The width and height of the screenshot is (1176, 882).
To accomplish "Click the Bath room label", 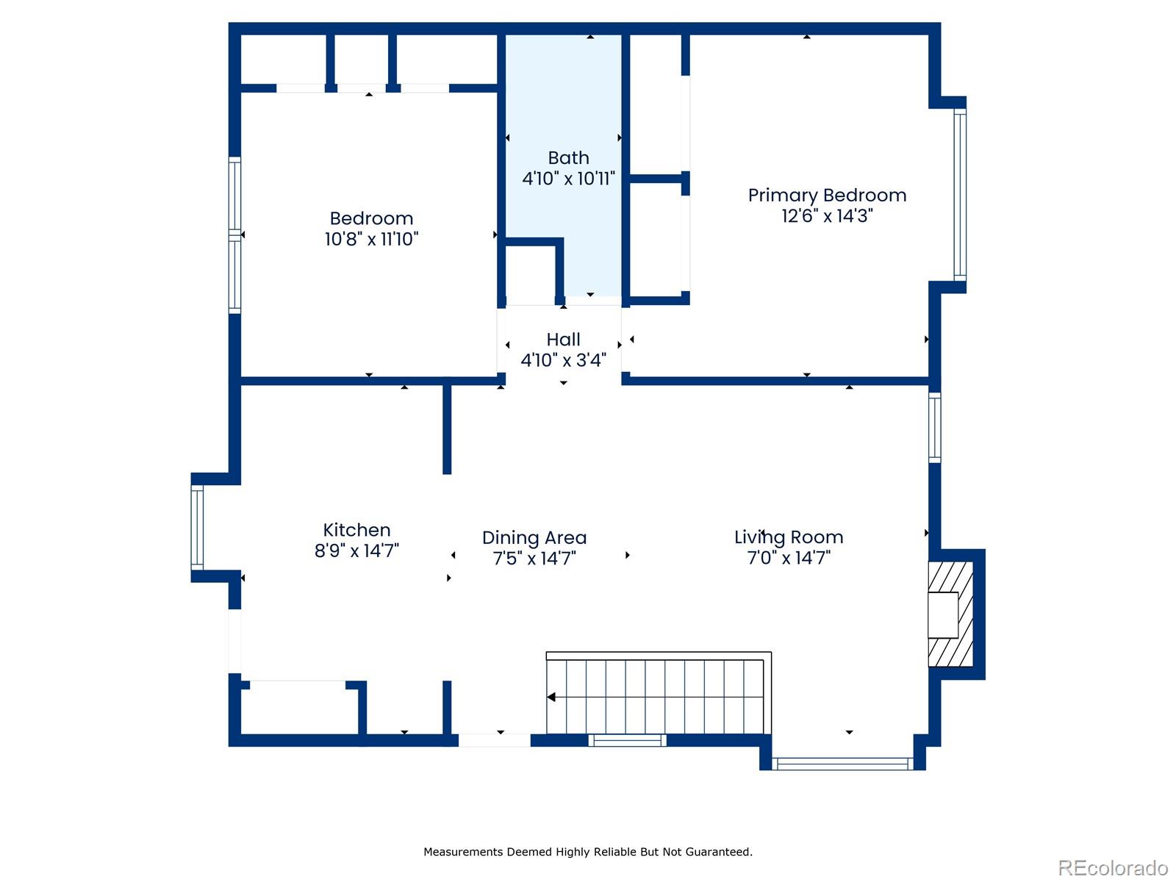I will [x=568, y=158].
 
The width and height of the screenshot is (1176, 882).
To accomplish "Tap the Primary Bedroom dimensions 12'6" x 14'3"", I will [x=827, y=216].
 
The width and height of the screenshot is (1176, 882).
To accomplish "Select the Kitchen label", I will [x=356, y=530].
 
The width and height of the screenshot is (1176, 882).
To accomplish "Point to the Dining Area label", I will [x=534, y=537].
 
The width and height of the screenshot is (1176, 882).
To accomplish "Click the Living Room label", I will [x=789, y=537].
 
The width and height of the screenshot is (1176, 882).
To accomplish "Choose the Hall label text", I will [x=563, y=340].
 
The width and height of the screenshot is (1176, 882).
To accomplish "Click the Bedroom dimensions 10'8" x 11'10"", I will [x=371, y=239].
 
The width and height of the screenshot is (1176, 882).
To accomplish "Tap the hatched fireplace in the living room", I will [x=950, y=614].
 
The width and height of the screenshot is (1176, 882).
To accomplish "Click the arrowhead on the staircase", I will [x=551, y=697].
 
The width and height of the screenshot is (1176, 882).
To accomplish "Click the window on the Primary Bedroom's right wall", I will [x=960, y=195].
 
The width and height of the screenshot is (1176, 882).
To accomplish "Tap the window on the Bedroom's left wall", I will [x=234, y=235].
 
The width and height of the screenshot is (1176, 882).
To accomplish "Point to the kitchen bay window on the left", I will [x=197, y=527].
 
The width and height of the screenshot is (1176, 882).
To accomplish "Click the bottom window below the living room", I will [x=842, y=764].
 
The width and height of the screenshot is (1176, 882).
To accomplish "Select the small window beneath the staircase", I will [x=628, y=740].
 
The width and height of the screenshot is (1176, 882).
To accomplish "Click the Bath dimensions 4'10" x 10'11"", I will [x=568, y=179].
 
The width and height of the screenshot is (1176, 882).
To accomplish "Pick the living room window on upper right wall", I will [x=934, y=428].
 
